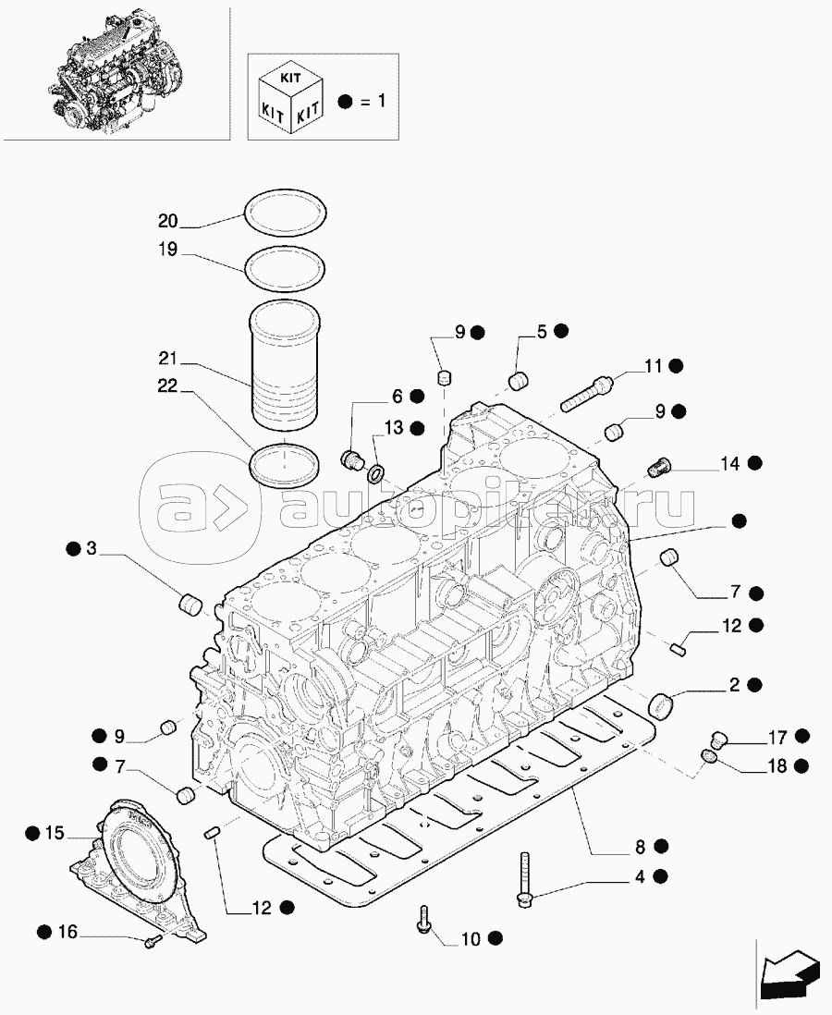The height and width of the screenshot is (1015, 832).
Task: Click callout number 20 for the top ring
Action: pyautogui.click(x=167, y=221)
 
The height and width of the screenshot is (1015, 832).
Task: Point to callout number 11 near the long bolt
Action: pyautogui.click(x=654, y=366)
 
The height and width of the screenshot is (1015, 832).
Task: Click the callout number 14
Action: pyautogui.click(x=730, y=464)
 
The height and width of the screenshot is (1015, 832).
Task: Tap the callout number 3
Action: pyautogui.click(x=91, y=549)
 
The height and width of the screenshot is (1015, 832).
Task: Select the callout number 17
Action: pyautogui.click(x=777, y=737)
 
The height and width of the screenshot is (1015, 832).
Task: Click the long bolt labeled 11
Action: pyautogui.click(x=587, y=392)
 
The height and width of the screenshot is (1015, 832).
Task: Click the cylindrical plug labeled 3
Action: pyautogui.click(x=190, y=605)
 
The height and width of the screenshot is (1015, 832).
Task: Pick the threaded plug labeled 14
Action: pyautogui.click(x=659, y=466)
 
